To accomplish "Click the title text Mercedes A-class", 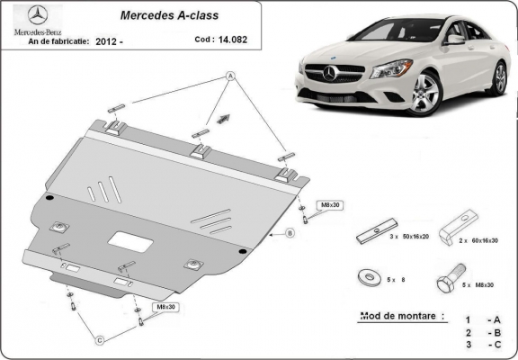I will click(x=160, y=15).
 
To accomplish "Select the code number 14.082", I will click(x=232, y=40).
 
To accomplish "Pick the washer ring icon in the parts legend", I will click(x=369, y=275).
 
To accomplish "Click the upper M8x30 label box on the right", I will click(x=330, y=205).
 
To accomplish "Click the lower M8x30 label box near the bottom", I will click(x=166, y=307).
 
